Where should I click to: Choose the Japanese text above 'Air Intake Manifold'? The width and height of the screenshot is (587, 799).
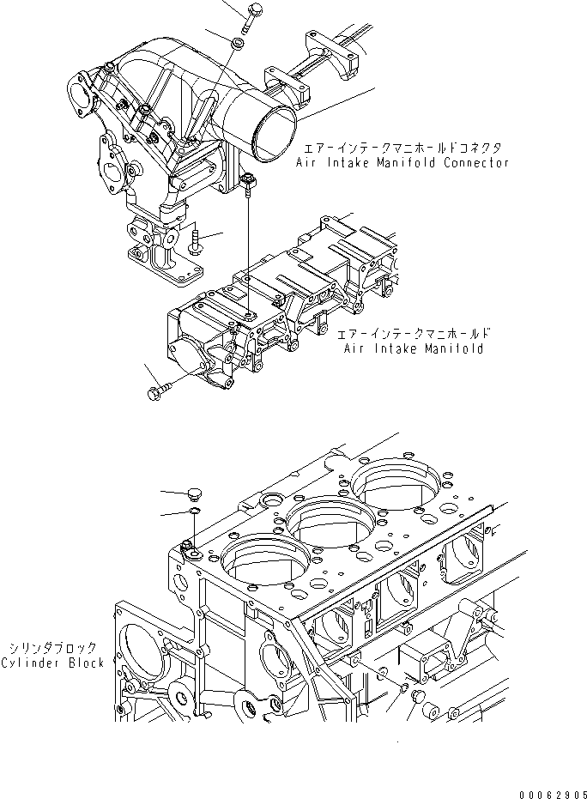click(x=414, y=334)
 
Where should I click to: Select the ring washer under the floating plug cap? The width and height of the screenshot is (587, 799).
click(x=196, y=512)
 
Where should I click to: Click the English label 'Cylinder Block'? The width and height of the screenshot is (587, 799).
click(x=52, y=663)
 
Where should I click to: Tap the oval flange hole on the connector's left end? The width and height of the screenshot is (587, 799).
click(x=82, y=89)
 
